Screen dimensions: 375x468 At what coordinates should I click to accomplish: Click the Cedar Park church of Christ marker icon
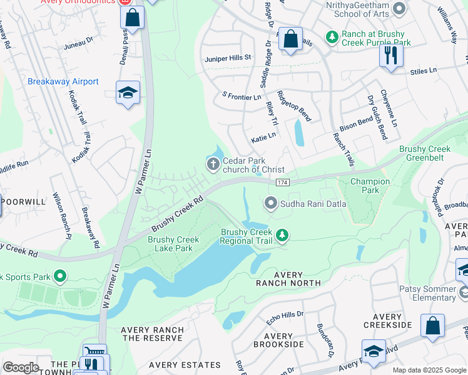click(x=213, y=164)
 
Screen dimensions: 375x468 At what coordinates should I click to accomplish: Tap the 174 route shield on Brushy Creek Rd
click(x=282, y=181)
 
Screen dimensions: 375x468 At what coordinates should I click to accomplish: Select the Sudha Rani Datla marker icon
click(x=270, y=202)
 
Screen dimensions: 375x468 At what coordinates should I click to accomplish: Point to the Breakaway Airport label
click(x=63, y=82)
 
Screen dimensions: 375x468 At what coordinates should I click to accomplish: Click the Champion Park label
click(x=370, y=186)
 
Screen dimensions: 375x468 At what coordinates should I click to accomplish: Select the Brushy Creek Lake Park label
click(x=174, y=244)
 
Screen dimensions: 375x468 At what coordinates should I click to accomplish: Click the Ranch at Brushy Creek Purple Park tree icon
click(x=332, y=37)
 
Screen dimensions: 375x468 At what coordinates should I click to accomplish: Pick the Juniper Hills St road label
click(x=228, y=57)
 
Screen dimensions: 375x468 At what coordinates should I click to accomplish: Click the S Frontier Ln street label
click(x=242, y=97)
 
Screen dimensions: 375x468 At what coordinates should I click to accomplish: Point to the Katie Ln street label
click(x=263, y=136)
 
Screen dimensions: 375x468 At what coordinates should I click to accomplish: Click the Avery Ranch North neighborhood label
click(x=288, y=279)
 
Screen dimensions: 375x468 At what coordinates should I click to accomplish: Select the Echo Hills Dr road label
click(x=285, y=314)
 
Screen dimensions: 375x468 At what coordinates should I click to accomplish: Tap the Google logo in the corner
click(x=20, y=367)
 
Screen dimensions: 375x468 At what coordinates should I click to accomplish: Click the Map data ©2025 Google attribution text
click(x=429, y=370)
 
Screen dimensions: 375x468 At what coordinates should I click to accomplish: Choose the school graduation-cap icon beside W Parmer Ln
click(x=128, y=94)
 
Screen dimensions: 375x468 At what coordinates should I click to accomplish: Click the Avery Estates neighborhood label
click(x=185, y=365)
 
